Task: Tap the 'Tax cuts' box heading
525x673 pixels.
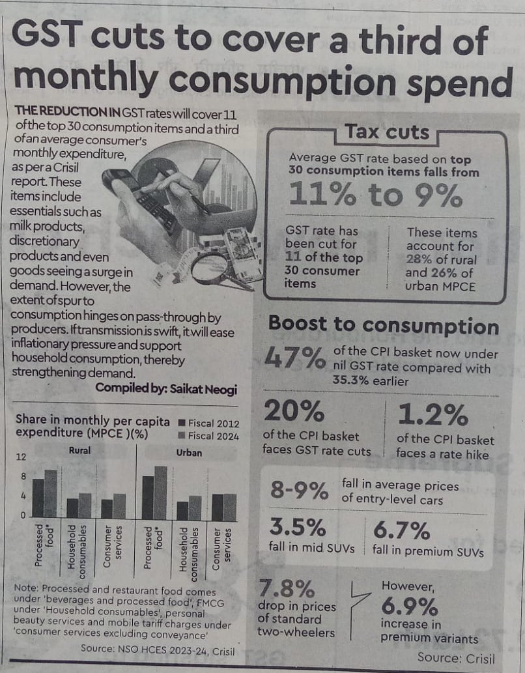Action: [x=387, y=132]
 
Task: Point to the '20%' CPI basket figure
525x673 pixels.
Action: [x=294, y=412]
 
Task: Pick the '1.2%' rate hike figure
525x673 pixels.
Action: [x=433, y=415]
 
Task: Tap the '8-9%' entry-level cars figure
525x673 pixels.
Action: [x=300, y=490]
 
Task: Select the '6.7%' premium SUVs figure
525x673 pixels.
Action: [x=401, y=530]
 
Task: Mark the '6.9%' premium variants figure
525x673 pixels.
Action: [x=409, y=607]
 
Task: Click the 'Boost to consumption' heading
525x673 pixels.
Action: [x=384, y=324]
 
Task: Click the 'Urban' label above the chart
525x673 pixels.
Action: [x=189, y=452]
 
